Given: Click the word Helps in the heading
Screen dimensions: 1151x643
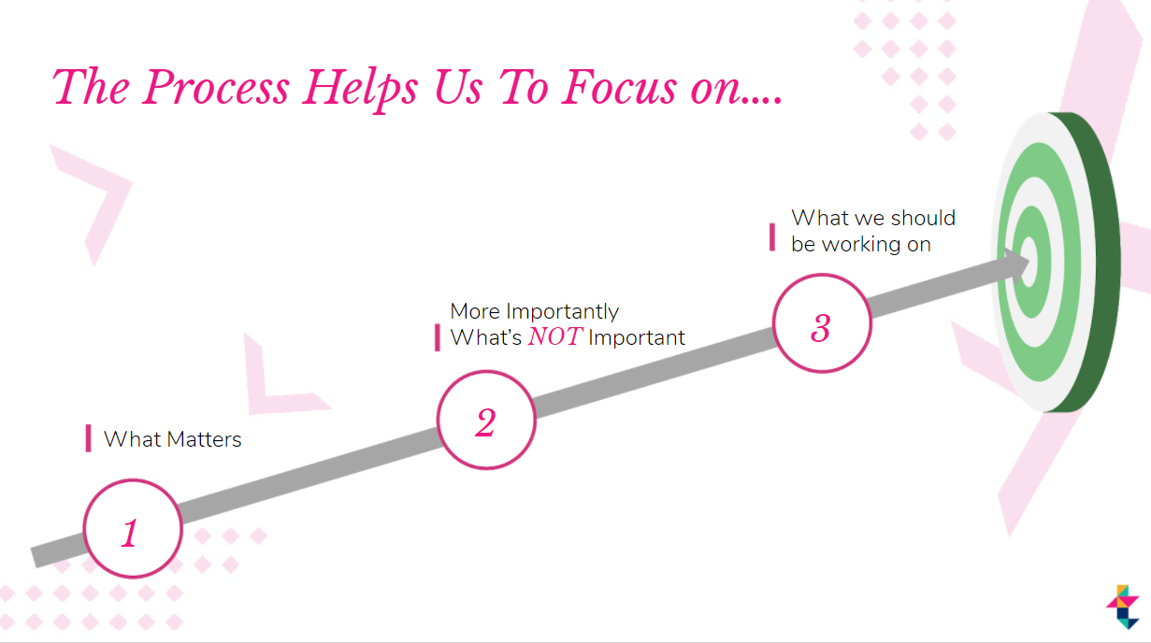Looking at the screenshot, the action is click(360, 90).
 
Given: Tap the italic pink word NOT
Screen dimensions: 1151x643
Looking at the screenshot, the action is click(555, 336).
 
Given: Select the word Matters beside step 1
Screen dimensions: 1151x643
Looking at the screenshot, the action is click(204, 439).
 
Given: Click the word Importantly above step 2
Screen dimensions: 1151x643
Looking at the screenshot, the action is click(562, 312).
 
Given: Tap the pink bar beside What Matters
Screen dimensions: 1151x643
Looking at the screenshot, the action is click(89, 438).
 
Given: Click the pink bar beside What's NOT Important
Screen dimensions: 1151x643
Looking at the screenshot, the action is click(438, 337).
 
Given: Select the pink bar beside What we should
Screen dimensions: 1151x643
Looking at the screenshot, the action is click(771, 236).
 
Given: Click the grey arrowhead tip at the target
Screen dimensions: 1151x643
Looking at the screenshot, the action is click(1029, 262).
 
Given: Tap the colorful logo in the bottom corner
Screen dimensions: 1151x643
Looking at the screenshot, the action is click(1123, 607).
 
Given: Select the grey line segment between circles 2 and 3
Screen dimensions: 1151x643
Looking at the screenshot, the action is click(655, 372).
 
